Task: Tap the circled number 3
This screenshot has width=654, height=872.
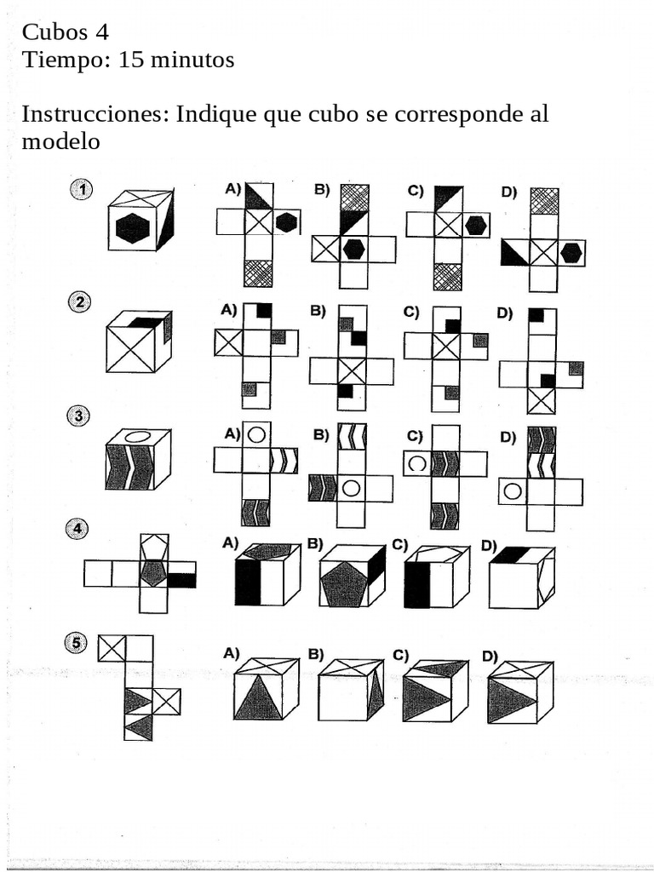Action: (x=78, y=416)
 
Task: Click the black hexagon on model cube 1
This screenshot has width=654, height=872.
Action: (x=132, y=228)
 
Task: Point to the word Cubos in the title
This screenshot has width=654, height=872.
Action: (x=54, y=32)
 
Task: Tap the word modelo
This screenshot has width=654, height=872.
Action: (x=60, y=141)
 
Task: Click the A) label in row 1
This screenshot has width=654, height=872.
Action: (x=232, y=190)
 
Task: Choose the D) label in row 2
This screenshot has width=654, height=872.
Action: (x=506, y=313)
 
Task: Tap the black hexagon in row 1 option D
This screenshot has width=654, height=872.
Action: (x=571, y=252)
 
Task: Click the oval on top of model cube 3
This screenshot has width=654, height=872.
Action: (x=139, y=437)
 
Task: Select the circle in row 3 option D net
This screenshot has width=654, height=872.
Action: (x=513, y=491)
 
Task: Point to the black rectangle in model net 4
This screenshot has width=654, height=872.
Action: (x=181, y=581)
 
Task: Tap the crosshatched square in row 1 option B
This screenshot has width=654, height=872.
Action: (x=353, y=198)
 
